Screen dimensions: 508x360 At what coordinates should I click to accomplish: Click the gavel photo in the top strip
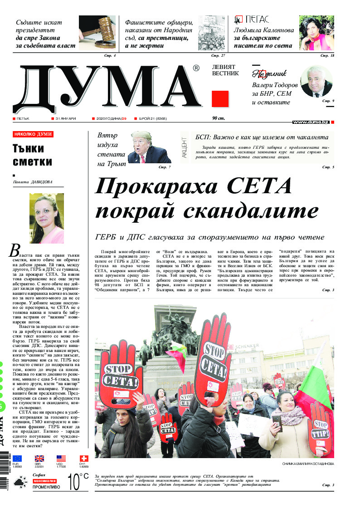[97, 32]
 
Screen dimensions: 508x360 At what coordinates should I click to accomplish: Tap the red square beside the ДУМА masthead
[220, 98]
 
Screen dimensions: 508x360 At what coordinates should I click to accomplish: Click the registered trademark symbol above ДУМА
[196, 68]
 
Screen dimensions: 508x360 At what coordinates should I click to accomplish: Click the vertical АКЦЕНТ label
[184, 147]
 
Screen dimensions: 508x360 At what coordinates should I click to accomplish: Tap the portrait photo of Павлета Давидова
[47, 218]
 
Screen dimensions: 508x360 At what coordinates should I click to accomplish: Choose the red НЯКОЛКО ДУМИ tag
[33, 135]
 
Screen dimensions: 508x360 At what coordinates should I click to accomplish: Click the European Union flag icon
[17, 459]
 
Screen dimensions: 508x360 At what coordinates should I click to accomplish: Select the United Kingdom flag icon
[39, 459]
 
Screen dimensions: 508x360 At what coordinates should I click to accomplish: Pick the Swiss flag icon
[84, 459]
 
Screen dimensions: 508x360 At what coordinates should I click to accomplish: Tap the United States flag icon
[61, 459]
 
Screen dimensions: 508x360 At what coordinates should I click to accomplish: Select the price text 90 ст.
[219, 118]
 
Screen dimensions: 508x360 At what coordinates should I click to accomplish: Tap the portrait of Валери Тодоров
[316, 82]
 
